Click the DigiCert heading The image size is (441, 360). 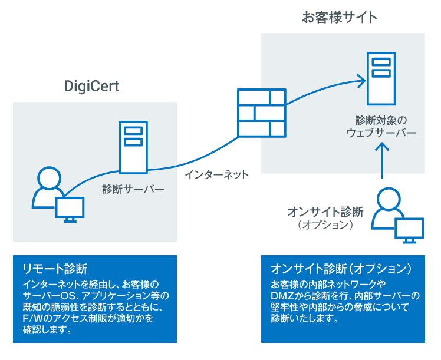click(x=91, y=87)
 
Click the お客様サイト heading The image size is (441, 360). click(x=340, y=18)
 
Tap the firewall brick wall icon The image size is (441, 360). click(x=262, y=112)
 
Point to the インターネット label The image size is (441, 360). click(x=216, y=175)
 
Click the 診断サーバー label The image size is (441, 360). click(x=133, y=190)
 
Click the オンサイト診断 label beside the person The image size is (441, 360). click(x=325, y=212)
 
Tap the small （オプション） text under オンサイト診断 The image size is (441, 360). click(x=325, y=225)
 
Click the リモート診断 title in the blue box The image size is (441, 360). click(x=54, y=269)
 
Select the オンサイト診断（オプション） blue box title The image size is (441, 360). click(x=340, y=269)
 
